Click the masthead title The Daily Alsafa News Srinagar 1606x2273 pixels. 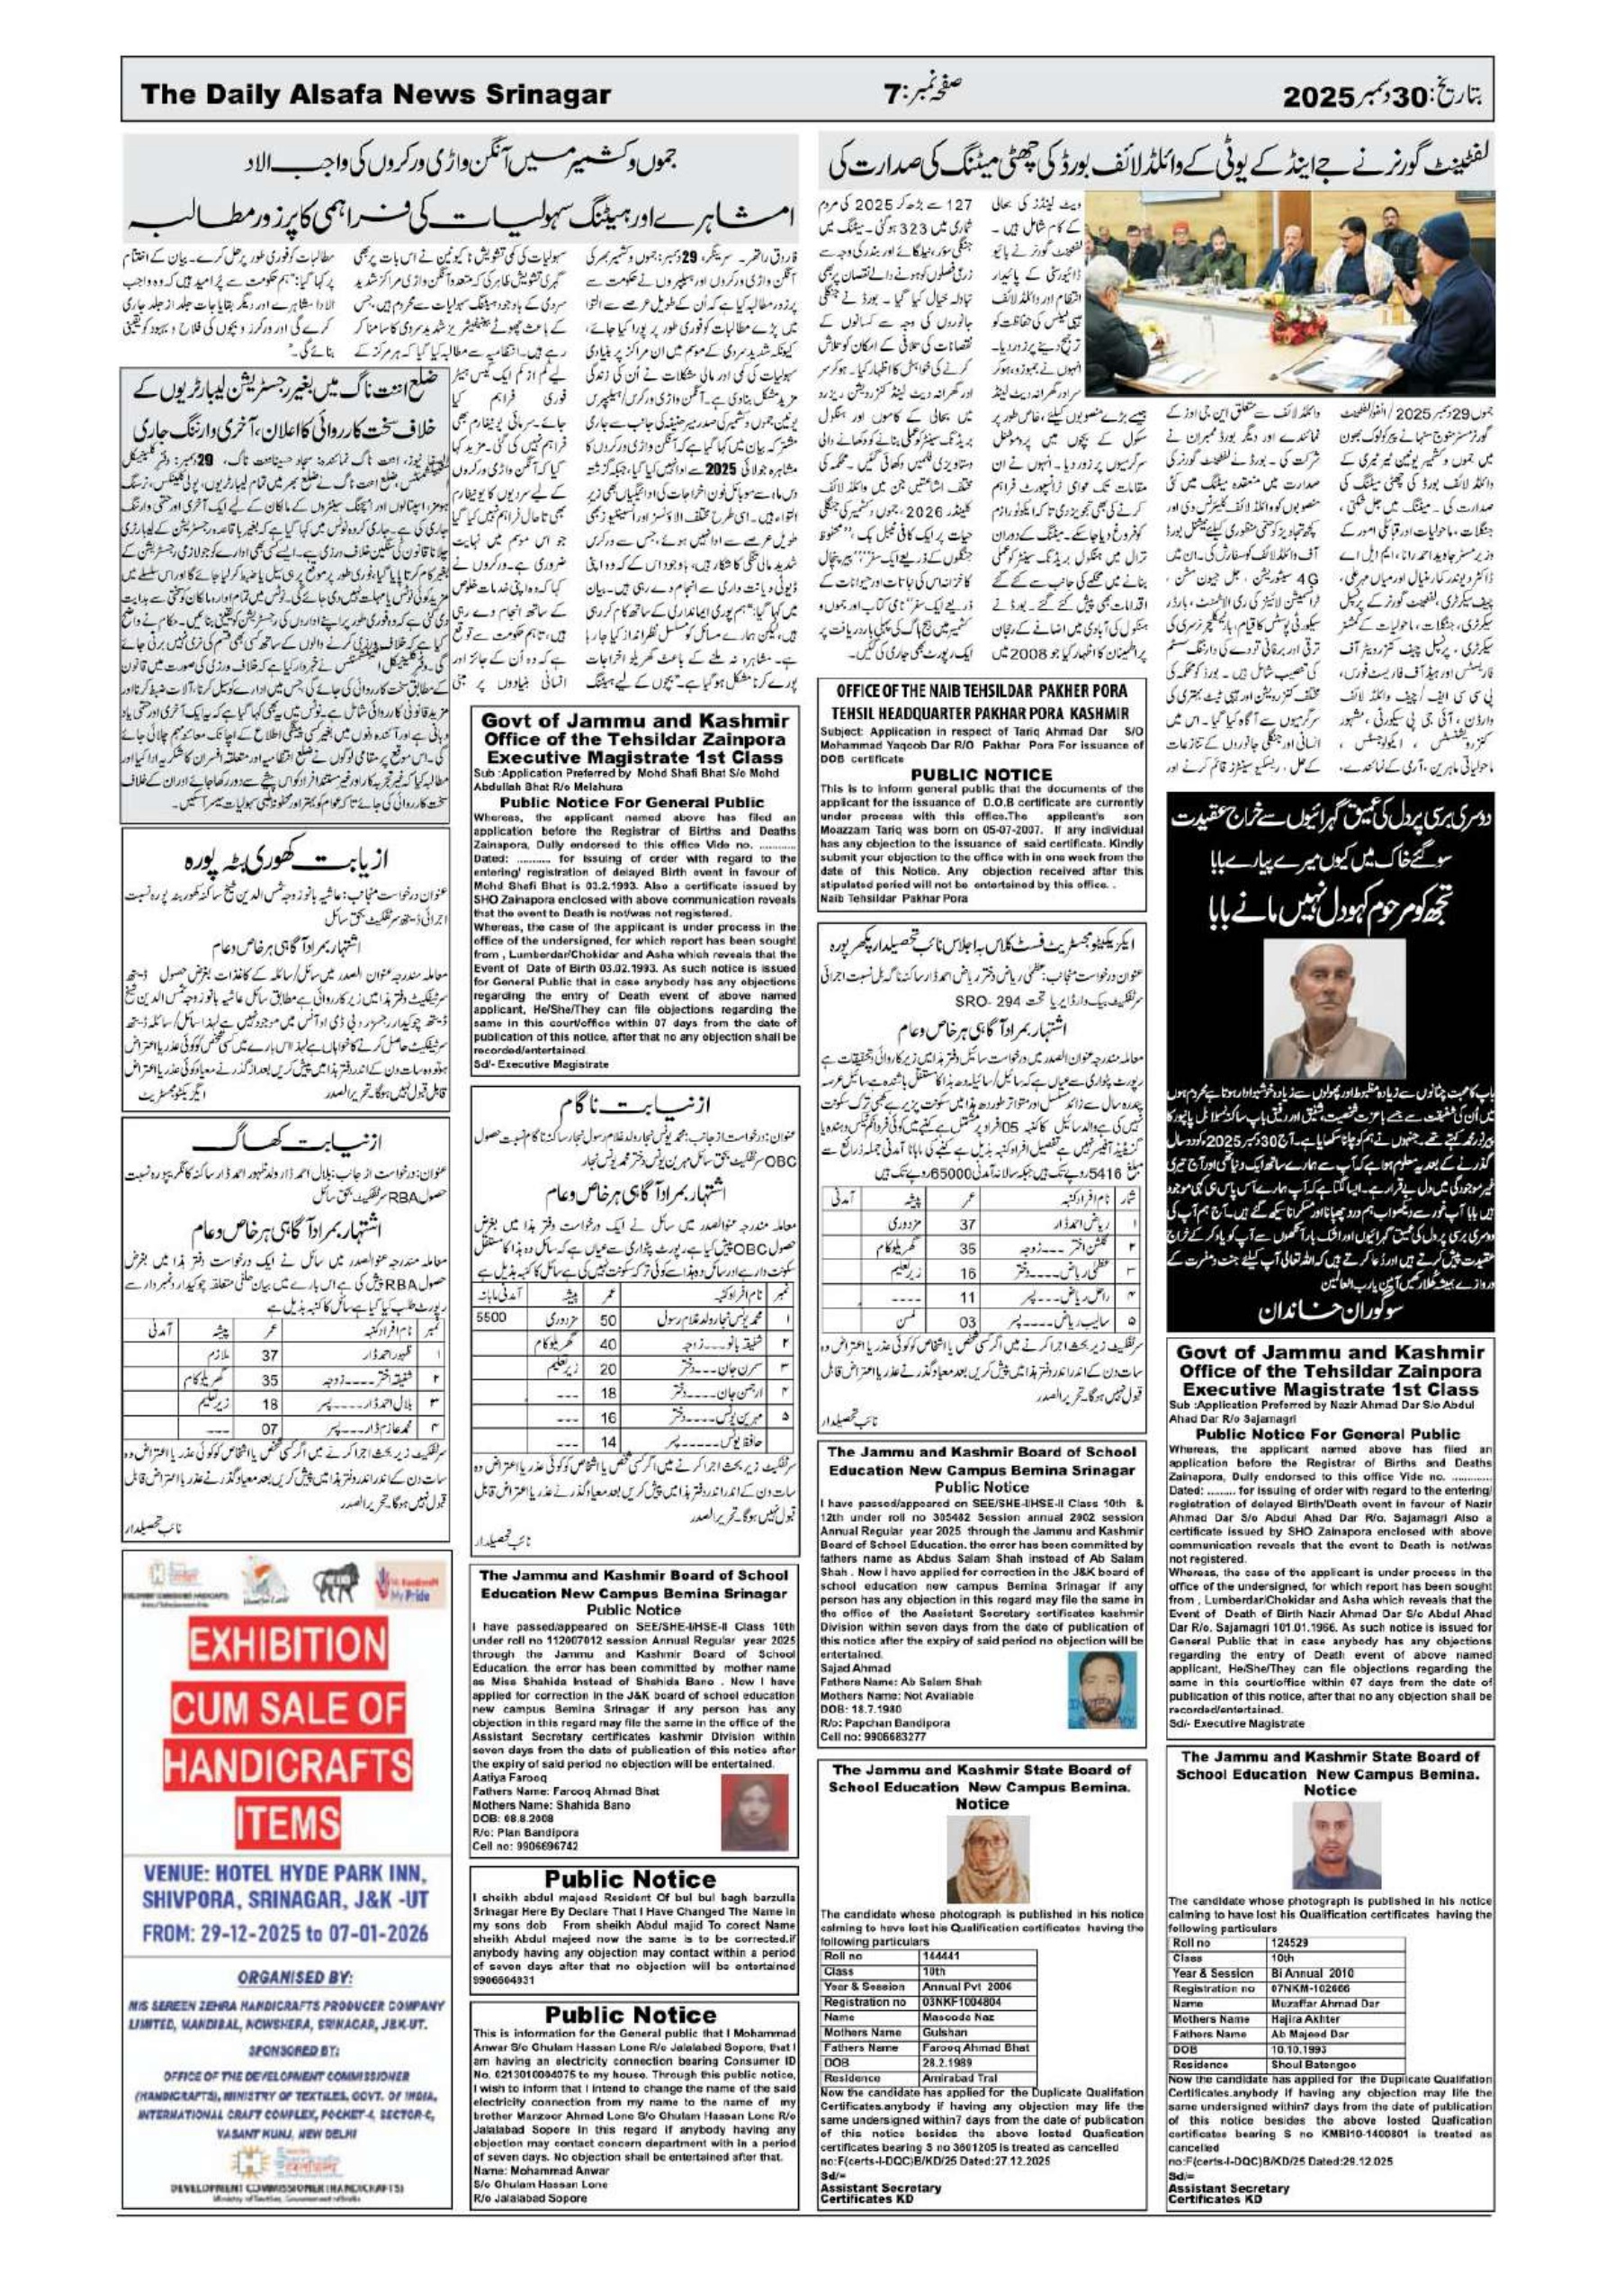tap(375, 95)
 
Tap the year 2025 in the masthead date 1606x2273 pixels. tap(1318, 97)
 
